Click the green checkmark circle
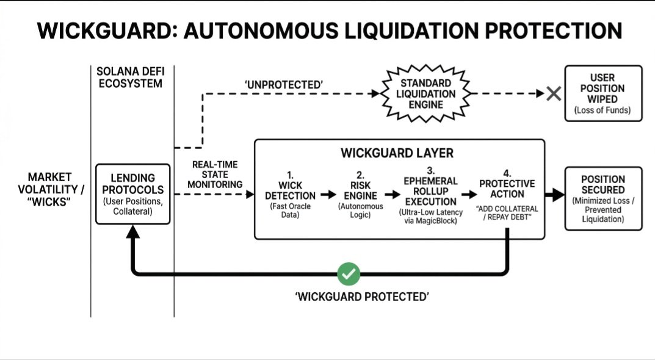coord(349,274)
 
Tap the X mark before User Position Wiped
coord(554,94)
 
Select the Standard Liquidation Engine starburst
coord(427,93)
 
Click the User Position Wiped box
coord(603,93)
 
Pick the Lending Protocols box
coord(132,194)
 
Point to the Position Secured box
coord(603,198)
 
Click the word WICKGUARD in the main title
coord(97,31)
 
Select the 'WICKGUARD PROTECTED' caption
coord(362,297)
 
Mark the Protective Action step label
coord(507,189)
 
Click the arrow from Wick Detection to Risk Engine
coord(327,195)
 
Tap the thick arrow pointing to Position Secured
coord(555,195)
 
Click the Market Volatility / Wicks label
coord(49,189)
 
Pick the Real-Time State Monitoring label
coord(214,175)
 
